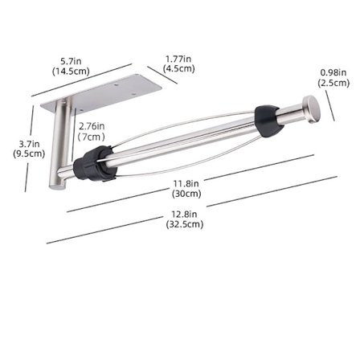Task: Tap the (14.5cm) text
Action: point(72,71)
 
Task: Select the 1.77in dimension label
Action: point(178,59)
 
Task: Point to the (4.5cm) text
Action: point(178,68)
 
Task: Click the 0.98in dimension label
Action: point(333,72)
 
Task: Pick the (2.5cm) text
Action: point(333,82)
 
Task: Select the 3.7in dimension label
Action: point(29,144)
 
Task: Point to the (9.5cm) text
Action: point(29,153)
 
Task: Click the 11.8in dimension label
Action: point(186,184)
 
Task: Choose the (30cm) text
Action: point(186,194)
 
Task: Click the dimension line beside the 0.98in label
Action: point(329,105)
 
